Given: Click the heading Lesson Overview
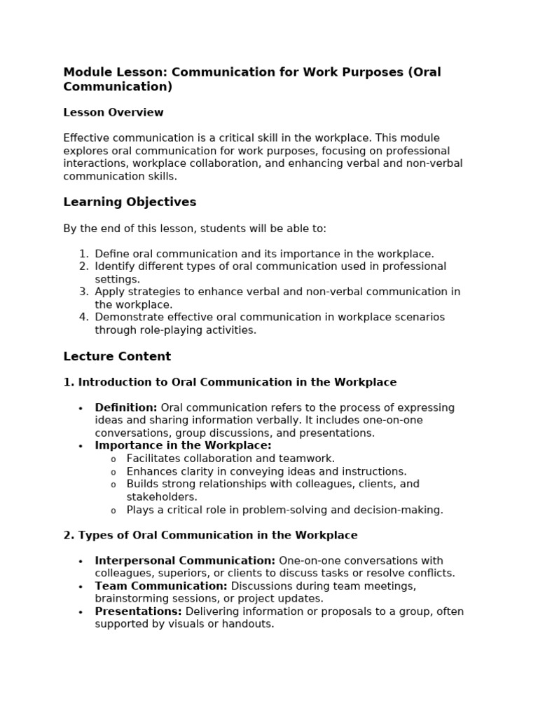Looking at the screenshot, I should pyautogui.click(x=113, y=112).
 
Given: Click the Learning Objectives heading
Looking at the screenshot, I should pyautogui.click(x=130, y=202).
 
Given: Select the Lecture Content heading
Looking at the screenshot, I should pyautogui.click(x=117, y=356).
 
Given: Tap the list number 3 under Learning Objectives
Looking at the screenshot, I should pyautogui.click(x=83, y=292).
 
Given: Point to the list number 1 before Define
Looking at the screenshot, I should pyautogui.click(x=83, y=254).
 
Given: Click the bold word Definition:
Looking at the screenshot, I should pyautogui.click(x=126, y=407).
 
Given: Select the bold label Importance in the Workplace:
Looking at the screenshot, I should pyautogui.click(x=183, y=445).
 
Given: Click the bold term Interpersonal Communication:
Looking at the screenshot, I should pyautogui.click(x=185, y=560).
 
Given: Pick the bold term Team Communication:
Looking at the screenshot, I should pyautogui.click(x=161, y=585).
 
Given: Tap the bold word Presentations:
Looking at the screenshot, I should pyautogui.click(x=138, y=611).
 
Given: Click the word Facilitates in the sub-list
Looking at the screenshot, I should pyautogui.click(x=153, y=459).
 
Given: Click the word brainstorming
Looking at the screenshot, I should pyautogui.click(x=130, y=598).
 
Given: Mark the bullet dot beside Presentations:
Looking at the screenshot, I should pyautogui.click(x=81, y=612).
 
